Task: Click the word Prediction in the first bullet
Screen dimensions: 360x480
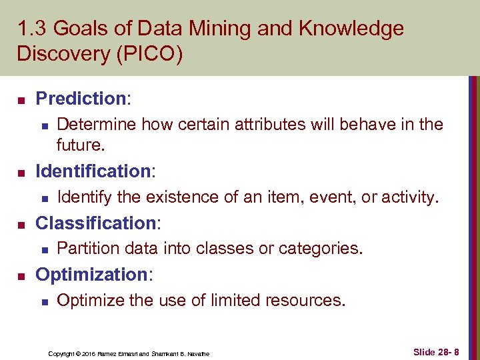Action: (x=81, y=99)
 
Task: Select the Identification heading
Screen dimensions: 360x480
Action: (x=93, y=171)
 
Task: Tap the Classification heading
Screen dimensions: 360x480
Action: (x=94, y=223)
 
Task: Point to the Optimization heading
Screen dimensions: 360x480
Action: (x=91, y=274)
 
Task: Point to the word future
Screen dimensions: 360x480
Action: (x=80, y=144)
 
